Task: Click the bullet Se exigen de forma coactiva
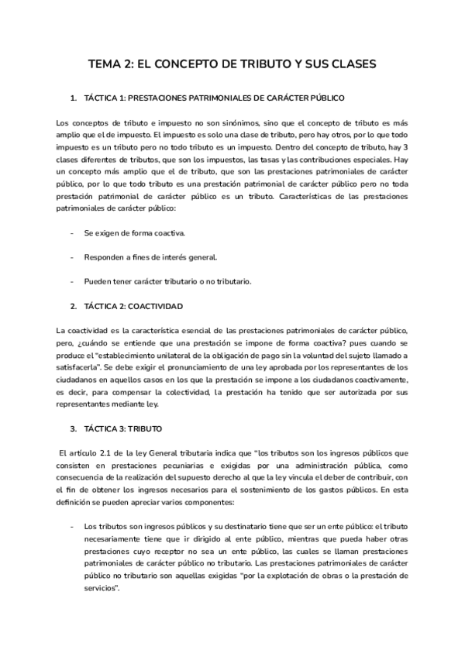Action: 134,232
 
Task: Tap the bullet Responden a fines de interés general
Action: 150,256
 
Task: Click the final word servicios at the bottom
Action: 100,589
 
